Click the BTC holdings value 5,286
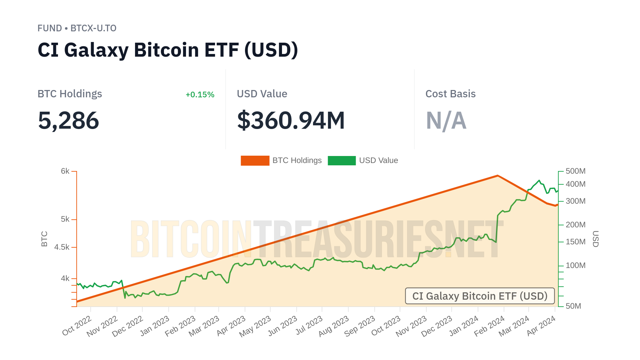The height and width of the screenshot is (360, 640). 68,120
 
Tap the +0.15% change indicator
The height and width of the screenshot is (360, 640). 200,95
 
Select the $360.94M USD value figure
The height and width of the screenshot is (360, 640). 291,120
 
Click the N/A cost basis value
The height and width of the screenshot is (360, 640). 446,120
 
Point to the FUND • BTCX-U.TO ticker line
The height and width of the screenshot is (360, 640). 77,28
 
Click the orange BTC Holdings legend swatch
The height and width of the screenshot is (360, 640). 255,161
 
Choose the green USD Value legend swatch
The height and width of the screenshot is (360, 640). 342,161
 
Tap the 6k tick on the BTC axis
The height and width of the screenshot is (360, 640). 65,171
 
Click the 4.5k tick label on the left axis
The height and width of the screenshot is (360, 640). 62,247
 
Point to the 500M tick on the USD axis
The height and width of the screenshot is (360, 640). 575,171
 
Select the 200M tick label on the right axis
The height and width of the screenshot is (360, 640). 575,225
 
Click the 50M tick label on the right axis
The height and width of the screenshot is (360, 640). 573,306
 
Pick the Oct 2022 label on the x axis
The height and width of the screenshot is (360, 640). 77,326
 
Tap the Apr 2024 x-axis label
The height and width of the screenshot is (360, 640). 541,326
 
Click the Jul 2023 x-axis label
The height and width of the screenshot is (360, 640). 309,325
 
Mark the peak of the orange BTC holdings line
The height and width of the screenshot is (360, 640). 497,175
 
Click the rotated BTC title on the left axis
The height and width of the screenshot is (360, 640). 44,239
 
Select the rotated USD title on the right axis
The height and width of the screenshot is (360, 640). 595,239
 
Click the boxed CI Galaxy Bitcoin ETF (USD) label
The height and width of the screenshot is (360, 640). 480,296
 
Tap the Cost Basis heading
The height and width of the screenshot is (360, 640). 450,94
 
